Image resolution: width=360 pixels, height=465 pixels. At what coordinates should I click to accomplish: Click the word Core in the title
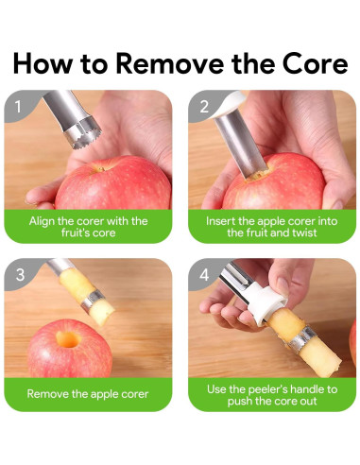click(315, 63)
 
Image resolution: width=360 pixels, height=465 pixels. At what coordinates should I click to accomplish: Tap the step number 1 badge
click(18, 107)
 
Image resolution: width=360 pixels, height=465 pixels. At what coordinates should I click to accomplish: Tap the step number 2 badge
click(204, 107)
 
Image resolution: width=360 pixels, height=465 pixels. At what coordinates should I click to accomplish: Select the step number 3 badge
click(20, 274)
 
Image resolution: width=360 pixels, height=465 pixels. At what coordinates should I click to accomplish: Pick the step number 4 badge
click(204, 274)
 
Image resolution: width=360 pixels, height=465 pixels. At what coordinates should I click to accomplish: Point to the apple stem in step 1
click(99, 169)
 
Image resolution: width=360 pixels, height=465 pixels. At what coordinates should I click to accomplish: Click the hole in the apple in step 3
click(68, 339)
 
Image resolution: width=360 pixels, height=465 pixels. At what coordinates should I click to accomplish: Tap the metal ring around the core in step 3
click(93, 299)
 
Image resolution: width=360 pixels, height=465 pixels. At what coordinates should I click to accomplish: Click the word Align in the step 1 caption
click(42, 221)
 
